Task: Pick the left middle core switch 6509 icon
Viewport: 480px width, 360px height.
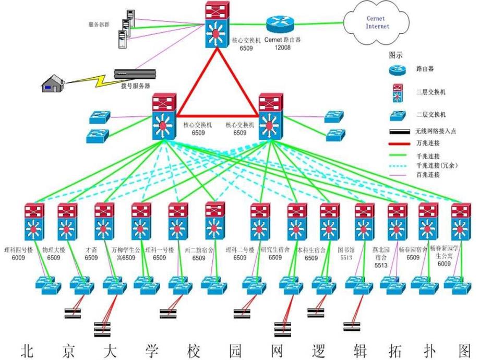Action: point(165,117)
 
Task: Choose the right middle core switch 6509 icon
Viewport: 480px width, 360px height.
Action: point(270,117)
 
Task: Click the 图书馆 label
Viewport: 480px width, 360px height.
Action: point(346,249)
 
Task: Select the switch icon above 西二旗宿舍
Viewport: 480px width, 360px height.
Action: point(214,222)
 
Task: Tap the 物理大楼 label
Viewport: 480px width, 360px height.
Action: point(53,249)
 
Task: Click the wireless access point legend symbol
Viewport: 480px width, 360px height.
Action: point(401,131)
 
